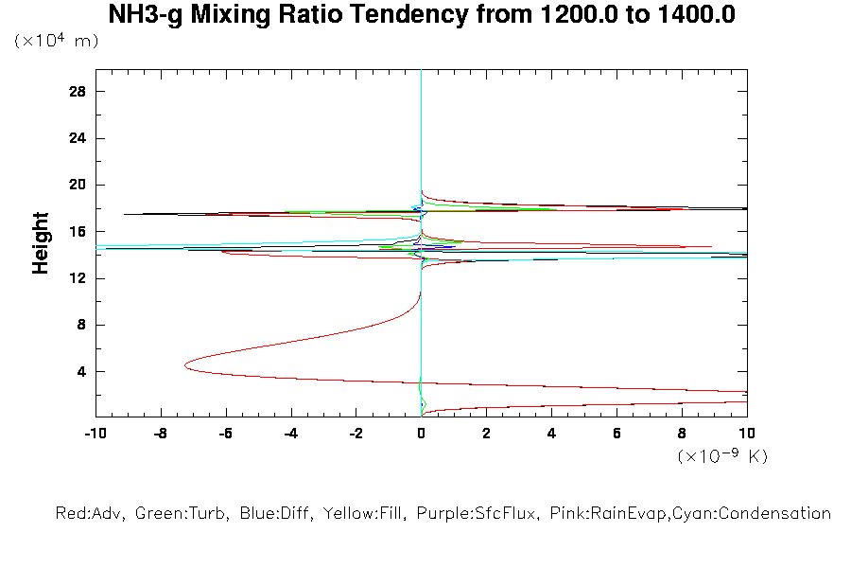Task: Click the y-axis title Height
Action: [41, 243]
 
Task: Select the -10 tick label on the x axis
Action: [95, 434]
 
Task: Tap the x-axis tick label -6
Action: [225, 434]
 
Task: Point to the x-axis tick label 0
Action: [421, 434]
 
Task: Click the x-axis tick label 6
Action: [617, 434]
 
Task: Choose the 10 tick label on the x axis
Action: [746, 434]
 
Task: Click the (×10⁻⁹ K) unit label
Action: [721, 457]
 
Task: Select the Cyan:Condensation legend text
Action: [757, 514]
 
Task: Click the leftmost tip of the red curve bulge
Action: [184, 364]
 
